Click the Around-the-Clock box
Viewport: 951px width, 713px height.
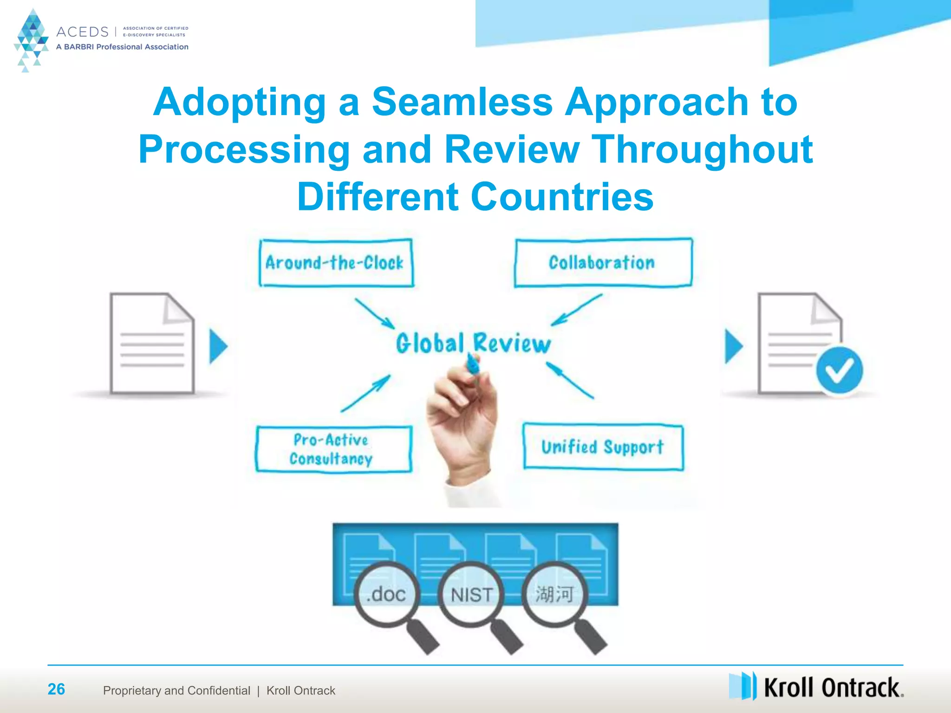(336, 263)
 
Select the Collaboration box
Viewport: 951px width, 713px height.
(603, 263)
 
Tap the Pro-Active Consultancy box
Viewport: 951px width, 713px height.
(333, 449)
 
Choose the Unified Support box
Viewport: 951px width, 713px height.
(603, 447)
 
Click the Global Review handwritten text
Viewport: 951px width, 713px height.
(473, 344)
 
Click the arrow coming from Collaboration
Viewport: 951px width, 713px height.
(577, 310)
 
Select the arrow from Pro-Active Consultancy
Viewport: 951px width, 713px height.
(366, 394)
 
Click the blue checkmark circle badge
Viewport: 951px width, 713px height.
(839, 370)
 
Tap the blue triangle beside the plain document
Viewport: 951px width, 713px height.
(218, 346)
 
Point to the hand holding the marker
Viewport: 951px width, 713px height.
(462, 418)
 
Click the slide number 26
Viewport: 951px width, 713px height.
(56, 689)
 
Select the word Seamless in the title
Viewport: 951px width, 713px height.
(462, 102)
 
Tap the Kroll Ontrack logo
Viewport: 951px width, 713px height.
(816, 687)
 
